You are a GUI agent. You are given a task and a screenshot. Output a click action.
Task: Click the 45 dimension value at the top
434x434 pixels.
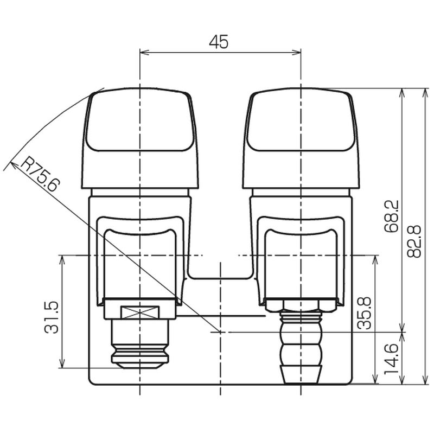[x=219, y=42]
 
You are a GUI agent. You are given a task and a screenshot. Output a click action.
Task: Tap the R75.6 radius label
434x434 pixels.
[x=40, y=174]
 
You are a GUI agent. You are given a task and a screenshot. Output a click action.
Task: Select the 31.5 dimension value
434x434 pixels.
[x=52, y=317]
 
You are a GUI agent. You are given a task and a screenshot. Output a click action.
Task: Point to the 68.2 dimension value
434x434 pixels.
[x=392, y=216]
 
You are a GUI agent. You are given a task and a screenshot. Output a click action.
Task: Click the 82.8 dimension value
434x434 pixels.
[x=414, y=241]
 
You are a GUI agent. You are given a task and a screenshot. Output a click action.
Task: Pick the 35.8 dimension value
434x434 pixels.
[x=364, y=314]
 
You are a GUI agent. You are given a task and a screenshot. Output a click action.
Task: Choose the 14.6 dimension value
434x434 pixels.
[x=391, y=359]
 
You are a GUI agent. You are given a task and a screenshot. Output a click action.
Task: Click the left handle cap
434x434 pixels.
[x=140, y=138]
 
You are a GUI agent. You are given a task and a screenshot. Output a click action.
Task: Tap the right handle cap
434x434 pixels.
[x=301, y=138]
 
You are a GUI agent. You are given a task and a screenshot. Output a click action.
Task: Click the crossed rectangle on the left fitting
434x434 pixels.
[x=140, y=312]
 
